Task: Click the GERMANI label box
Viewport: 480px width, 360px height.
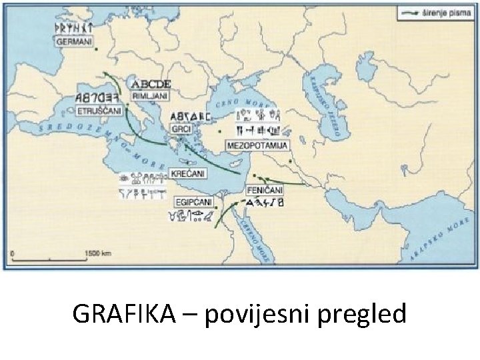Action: click(x=69, y=41)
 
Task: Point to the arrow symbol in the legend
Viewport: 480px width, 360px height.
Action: click(x=409, y=11)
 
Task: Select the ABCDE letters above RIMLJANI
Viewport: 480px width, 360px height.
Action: click(x=151, y=84)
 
